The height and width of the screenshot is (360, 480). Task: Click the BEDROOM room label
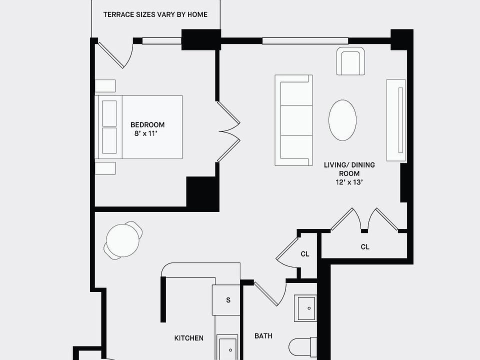[147, 124]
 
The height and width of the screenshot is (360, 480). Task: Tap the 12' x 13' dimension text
[349, 182]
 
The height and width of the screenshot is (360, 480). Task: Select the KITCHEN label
[189, 338]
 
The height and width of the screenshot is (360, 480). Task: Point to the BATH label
[263, 336]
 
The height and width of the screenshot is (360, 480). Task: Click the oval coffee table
[342, 120]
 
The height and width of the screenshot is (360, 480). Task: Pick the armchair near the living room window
[350, 61]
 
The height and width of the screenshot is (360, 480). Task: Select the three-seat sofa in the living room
[293, 120]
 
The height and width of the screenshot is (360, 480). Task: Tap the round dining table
[123, 240]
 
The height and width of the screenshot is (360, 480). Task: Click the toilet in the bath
[303, 346]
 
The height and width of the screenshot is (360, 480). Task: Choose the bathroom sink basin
[305, 308]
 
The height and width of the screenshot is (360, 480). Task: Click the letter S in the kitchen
[228, 300]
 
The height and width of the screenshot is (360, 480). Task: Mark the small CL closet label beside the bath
[305, 254]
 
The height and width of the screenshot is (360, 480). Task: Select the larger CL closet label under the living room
[365, 246]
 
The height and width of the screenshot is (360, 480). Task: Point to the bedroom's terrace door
[115, 55]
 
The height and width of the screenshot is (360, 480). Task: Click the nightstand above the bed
[105, 85]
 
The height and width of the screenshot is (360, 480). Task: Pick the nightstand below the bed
[105, 168]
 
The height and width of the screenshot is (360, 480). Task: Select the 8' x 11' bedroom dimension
[145, 133]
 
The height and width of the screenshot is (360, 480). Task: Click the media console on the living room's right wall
[396, 120]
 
